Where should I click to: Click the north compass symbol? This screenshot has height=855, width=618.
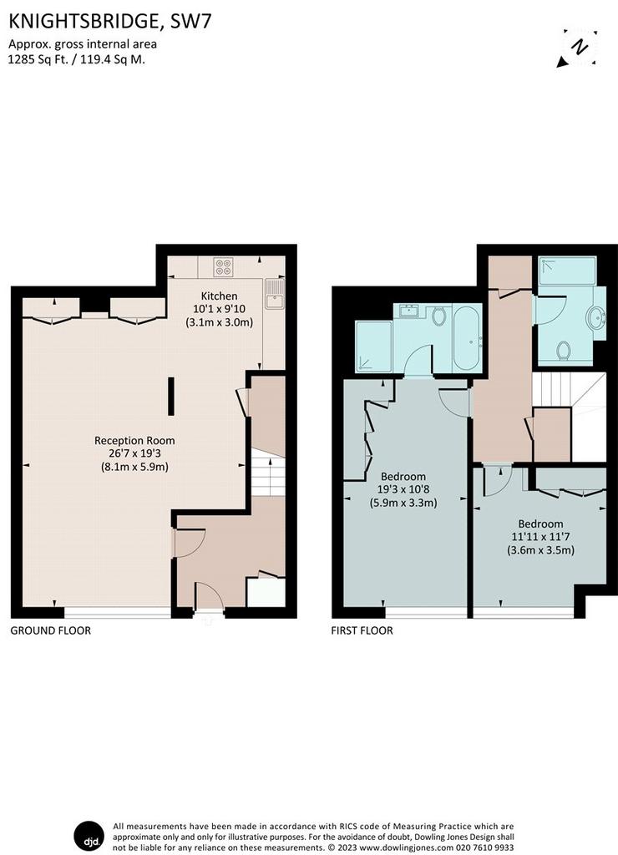[x=578, y=48]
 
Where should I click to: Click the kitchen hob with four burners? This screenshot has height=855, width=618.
[x=223, y=266]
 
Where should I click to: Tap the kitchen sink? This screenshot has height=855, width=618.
[x=273, y=295]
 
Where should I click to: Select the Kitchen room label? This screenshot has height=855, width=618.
[x=220, y=296]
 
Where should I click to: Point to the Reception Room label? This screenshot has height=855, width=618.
[x=134, y=441]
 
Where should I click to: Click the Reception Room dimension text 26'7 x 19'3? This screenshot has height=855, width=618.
[x=134, y=453]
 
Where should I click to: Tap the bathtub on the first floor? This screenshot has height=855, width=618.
[x=467, y=339]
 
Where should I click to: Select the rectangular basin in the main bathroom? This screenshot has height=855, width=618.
[x=408, y=311]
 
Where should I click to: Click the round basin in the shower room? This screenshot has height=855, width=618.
[x=597, y=317]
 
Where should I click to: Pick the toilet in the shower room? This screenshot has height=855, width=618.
[x=565, y=351]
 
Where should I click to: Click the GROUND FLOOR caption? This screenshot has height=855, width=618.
[x=51, y=631]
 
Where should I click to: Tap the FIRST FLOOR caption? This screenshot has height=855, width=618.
[x=362, y=631]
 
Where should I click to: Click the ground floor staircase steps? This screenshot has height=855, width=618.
[x=268, y=477]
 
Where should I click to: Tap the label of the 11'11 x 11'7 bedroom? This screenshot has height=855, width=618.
[x=540, y=524]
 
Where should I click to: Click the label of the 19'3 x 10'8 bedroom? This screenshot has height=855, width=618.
[x=403, y=477]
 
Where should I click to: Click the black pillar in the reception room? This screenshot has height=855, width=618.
[x=171, y=397]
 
